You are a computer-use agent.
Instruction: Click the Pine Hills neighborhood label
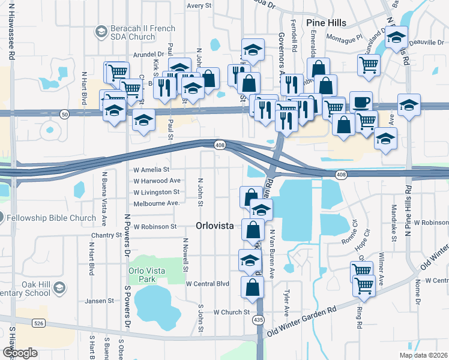coord(326,23)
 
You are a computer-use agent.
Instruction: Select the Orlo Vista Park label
coord(146,275)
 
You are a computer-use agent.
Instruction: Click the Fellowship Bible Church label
coord(52,218)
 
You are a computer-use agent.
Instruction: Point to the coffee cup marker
coord(361,101)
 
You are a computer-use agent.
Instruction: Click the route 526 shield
coord(38,323)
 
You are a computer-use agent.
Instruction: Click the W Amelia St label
coord(151,170)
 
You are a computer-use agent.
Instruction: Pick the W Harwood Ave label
coord(157,181)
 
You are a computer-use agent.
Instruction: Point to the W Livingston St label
coord(156,192)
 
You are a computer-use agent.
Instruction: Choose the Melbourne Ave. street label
coord(157,203)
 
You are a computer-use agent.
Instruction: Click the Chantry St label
coord(106,236)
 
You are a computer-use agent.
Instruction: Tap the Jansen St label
coord(99,301)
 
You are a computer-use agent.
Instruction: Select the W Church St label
coord(231,312)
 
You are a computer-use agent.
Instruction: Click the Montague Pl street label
coord(345,40)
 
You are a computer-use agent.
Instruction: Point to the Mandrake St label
coord(394,223)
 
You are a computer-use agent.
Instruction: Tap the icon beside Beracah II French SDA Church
coord(101,31)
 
